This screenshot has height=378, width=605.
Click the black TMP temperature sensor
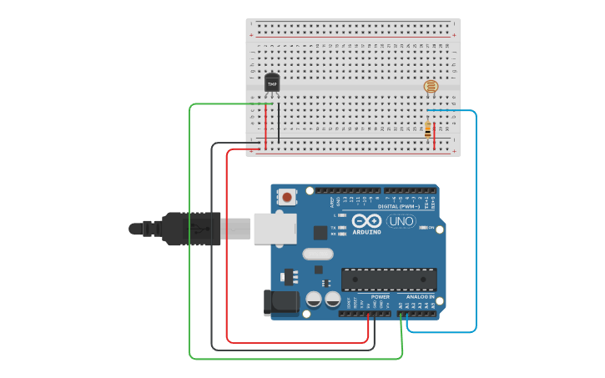272,83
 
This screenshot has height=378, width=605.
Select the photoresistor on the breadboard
431,86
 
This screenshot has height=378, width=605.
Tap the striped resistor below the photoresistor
428,130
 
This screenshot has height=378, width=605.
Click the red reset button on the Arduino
287,198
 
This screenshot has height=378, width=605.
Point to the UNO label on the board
401,221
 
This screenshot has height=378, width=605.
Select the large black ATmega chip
389,280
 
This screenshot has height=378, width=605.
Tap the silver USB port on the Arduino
275,228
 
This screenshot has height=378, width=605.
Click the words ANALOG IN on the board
420,297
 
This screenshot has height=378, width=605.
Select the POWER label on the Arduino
380,297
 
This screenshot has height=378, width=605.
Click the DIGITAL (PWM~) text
399,206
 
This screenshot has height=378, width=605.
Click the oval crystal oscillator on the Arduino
317,254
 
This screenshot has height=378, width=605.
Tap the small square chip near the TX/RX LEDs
320,233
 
